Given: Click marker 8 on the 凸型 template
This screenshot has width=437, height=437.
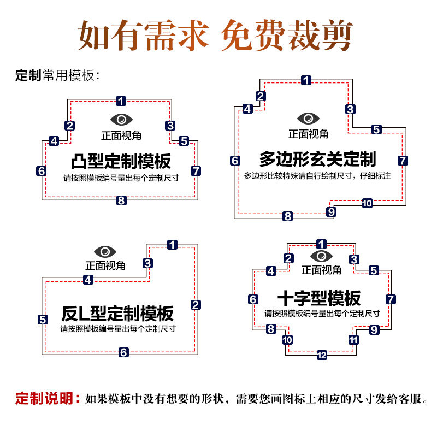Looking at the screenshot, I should pyautogui.click(x=121, y=200).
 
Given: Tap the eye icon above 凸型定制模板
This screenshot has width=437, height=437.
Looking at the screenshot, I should pyautogui.click(x=121, y=119).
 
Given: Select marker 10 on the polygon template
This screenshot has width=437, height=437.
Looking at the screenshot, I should pyautogui.click(x=367, y=203).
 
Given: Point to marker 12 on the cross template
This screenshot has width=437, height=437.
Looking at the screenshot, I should pyautogui.click(x=322, y=356).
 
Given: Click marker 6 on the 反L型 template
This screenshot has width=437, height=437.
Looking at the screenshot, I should pyautogui.click(x=124, y=352).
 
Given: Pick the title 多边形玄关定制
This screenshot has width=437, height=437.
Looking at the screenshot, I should pyautogui.click(x=317, y=159).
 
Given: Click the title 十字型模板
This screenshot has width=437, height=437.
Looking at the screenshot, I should pyautogui.click(x=319, y=298).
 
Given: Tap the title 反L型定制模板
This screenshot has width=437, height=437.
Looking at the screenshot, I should pyautogui.click(x=117, y=314).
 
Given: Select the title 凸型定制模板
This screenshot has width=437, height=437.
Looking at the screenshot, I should pyautogui.click(x=121, y=162).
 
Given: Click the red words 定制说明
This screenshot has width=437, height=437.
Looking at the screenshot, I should pyautogui.click(x=48, y=399).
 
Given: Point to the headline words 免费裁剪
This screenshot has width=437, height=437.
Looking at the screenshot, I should pyautogui.click(x=286, y=36).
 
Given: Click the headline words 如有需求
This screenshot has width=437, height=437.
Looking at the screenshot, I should pyautogui.click(x=143, y=36).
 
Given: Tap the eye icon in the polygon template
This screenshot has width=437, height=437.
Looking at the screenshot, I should pyautogui.click(x=308, y=118).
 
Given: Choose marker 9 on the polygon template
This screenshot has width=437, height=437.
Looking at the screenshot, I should pyautogui.click(x=331, y=211).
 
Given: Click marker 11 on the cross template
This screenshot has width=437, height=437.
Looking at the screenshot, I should pyautogui.click(x=354, y=340).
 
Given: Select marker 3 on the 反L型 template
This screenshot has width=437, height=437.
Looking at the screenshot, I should pyautogui.click(x=147, y=263).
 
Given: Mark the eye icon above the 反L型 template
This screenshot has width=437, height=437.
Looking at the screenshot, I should pyautogui.click(x=105, y=252).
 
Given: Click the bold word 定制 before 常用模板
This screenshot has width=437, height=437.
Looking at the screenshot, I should pyautogui.click(x=28, y=76).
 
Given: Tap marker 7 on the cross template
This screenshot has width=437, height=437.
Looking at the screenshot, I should pyautogui.click(x=391, y=299).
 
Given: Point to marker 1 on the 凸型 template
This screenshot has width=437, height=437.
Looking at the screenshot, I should pyautogui.click(x=121, y=101).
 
